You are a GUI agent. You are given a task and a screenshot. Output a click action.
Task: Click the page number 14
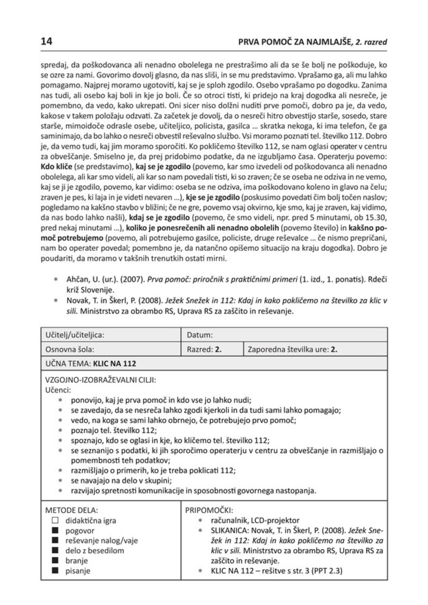pos(47,41)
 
